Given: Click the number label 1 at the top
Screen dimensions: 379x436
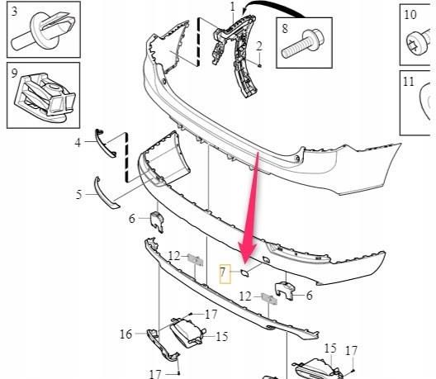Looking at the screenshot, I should click(x=232, y=7).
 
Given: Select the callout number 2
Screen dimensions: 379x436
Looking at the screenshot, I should click(x=258, y=45).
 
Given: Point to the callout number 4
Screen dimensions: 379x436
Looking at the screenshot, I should click(x=79, y=143).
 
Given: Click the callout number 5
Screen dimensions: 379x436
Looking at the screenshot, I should click(x=79, y=195).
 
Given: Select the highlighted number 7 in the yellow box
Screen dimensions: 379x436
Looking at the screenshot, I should click(x=224, y=272).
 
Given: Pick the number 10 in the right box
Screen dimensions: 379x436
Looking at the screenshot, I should click(x=410, y=14).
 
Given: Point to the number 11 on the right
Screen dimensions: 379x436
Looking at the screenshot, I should click(x=410, y=82).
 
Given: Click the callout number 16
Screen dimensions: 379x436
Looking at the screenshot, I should click(x=126, y=334).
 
